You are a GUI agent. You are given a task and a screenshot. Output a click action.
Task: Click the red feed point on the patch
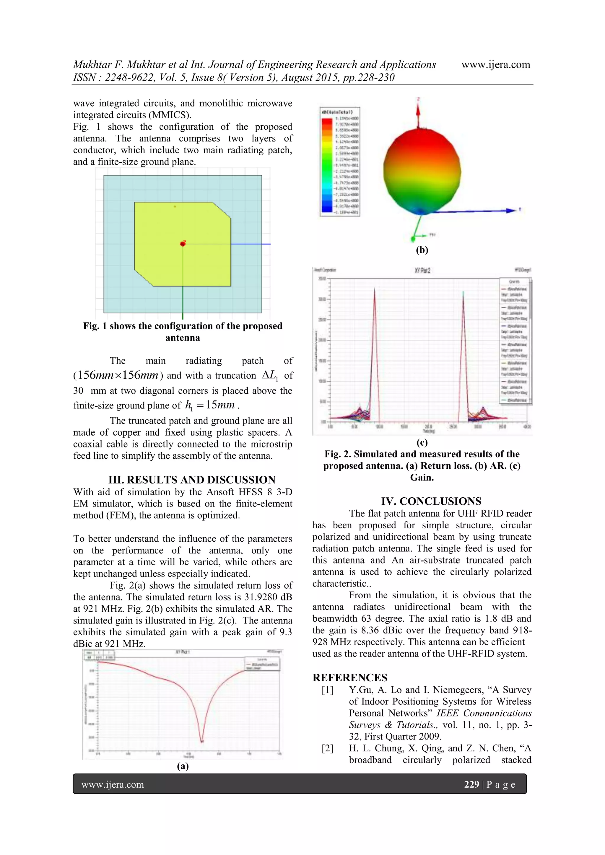(183, 244)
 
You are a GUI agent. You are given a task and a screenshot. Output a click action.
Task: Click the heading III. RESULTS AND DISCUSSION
(192, 480)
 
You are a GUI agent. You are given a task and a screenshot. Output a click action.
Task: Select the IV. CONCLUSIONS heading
(431, 501)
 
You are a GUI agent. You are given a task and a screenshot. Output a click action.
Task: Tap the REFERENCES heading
(350, 678)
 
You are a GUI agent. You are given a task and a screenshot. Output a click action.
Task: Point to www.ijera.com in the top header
(495, 64)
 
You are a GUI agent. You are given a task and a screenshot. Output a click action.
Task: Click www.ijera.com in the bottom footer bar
(113, 785)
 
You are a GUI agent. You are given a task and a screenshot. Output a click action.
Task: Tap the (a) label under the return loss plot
(183, 766)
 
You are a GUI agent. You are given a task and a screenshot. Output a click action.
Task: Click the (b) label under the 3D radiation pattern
(422, 250)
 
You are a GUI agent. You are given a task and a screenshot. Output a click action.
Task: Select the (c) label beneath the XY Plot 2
(422, 442)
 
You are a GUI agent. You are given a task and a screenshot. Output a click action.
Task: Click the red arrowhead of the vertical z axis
(418, 109)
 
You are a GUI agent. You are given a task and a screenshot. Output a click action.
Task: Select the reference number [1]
(327, 690)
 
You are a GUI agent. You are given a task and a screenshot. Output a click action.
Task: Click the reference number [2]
(327, 748)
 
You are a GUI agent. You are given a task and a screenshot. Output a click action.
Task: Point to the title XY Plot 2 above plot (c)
(422, 270)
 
